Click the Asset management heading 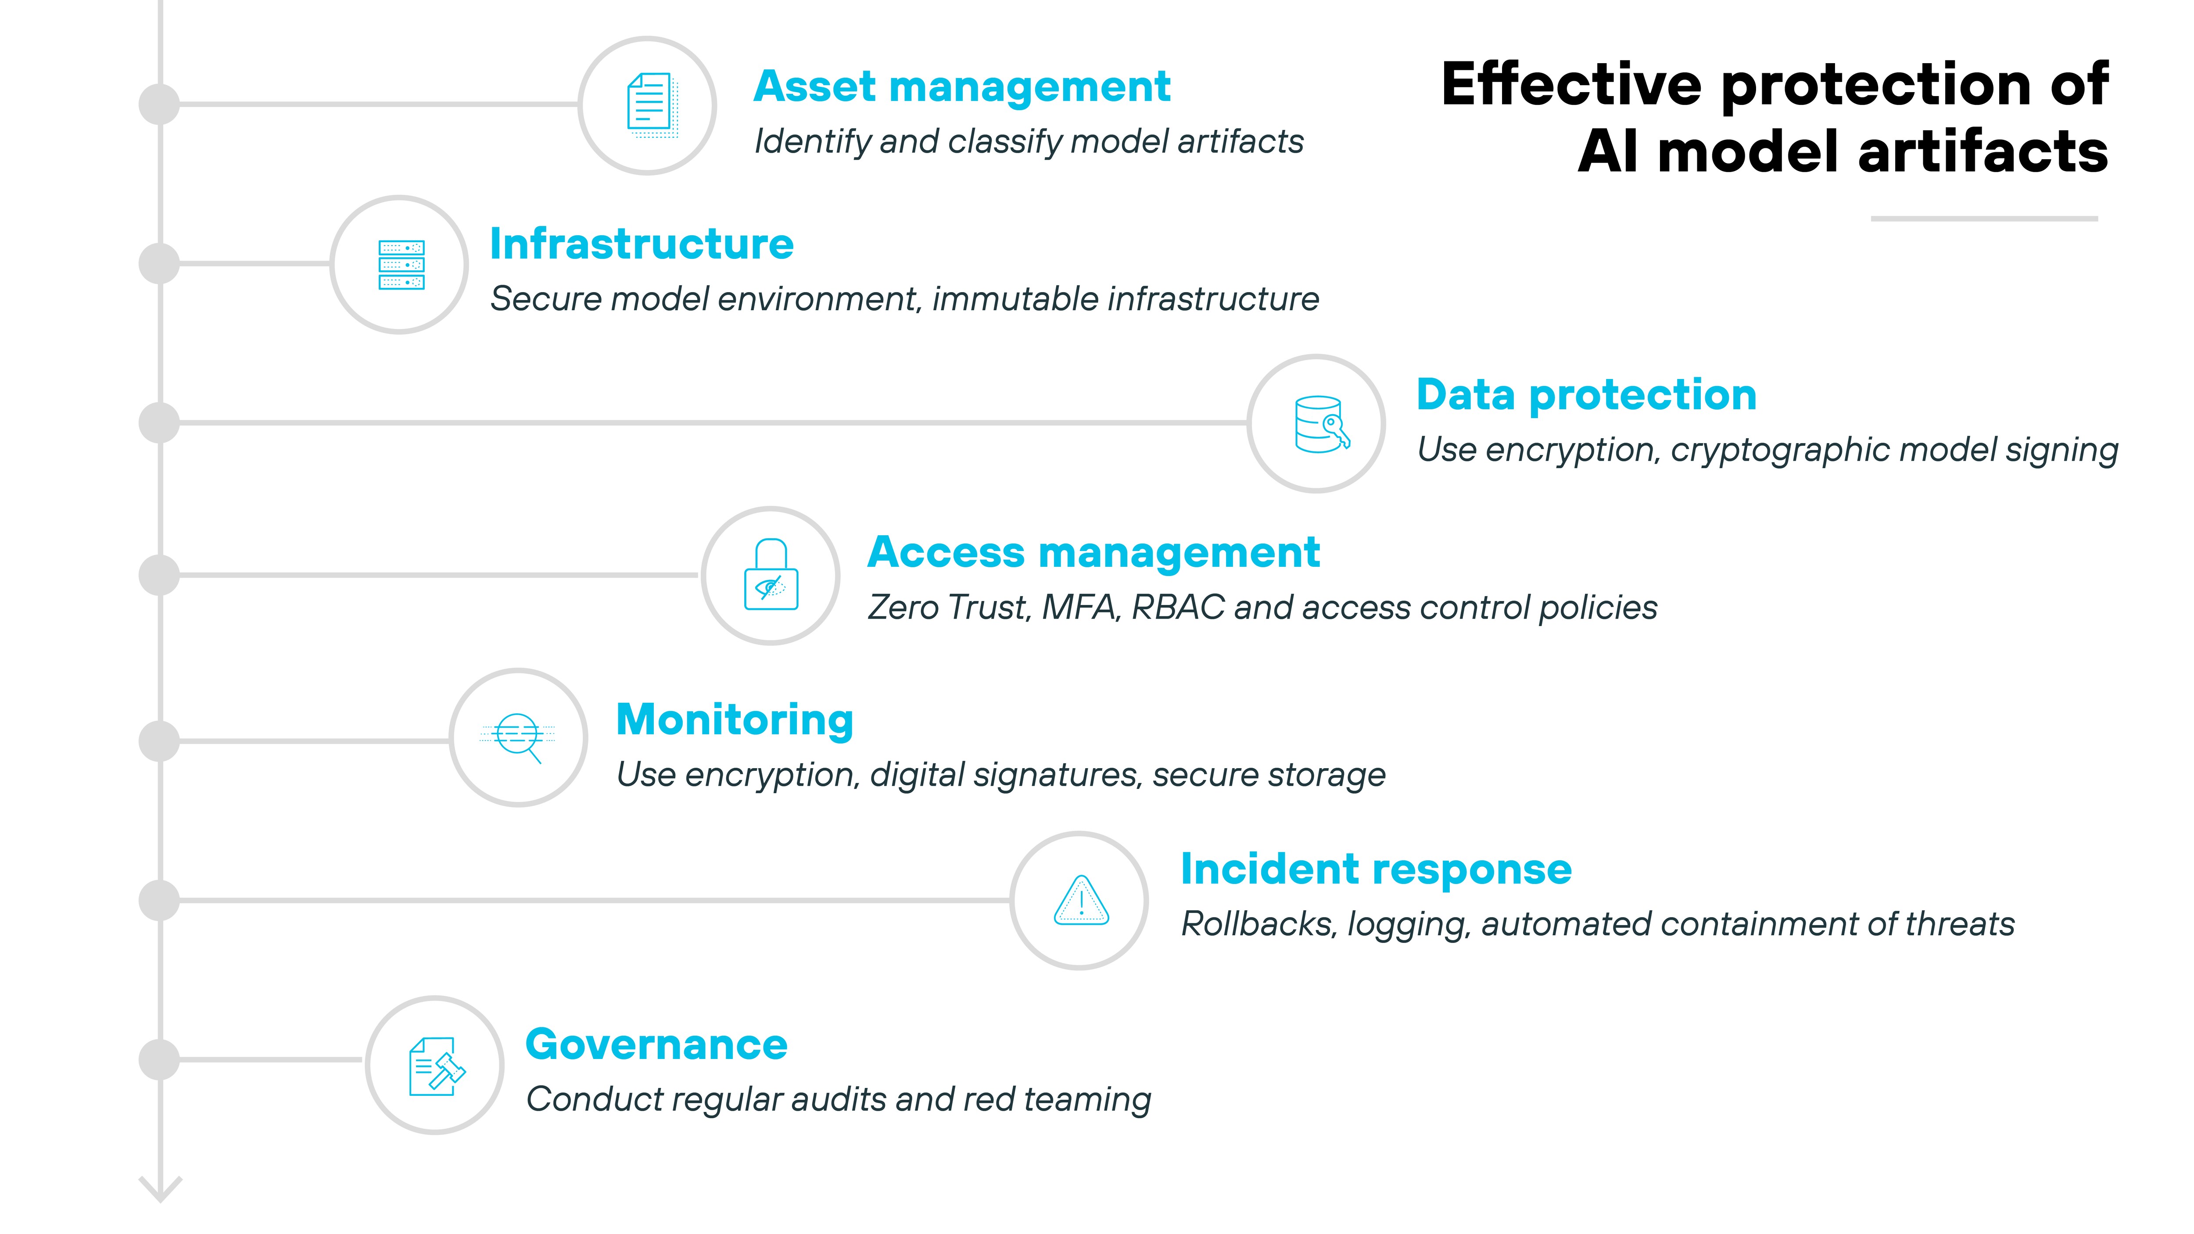pos(961,87)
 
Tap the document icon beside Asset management pos(649,106)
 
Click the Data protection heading pos(1586,395)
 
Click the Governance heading pos(656,1045)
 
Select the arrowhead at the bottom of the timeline pos(160,1190)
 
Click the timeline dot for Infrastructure pos(159,264)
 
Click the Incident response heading pos(1376,869)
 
